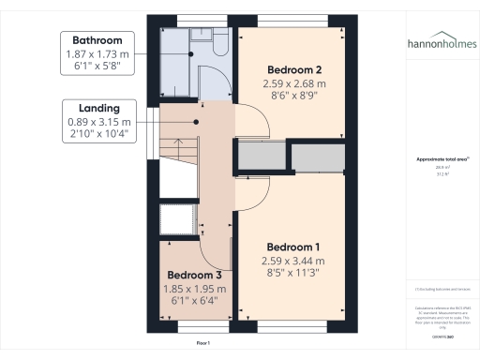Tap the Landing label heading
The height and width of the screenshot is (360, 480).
pos(97,109)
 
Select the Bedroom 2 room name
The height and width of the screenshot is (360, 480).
pos(294,70)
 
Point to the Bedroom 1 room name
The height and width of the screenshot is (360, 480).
pos(292,247)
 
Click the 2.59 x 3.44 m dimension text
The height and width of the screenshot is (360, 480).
pos(292,261)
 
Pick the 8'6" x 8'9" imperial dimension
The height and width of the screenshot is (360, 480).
pos(293,96)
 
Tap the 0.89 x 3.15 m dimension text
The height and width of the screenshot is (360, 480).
pos(98,123)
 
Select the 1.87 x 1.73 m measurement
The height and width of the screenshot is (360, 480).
pos(96,55)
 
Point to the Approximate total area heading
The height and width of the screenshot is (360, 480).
pos(441,159)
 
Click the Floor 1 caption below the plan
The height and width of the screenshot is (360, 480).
pos(203,344)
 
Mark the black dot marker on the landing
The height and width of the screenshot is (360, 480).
pos(197,122)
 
